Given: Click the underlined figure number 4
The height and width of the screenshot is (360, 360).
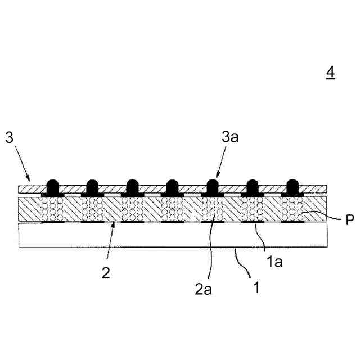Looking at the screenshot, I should (x=330, y=73).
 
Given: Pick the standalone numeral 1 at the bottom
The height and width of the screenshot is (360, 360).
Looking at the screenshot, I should (x=256, y=289).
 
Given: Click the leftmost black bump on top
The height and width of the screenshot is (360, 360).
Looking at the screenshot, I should (x=52, y=187).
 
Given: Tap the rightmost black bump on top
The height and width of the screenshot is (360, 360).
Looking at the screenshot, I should (x=292, y=187).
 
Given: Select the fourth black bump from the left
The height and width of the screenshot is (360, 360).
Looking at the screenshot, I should (x=172, y=187).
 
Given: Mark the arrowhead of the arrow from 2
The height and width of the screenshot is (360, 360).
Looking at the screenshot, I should (x=115, y=224).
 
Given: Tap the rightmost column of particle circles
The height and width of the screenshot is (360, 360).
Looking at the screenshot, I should (x=292, y=209).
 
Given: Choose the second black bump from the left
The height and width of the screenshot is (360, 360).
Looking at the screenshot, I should (x=92, y=187).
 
